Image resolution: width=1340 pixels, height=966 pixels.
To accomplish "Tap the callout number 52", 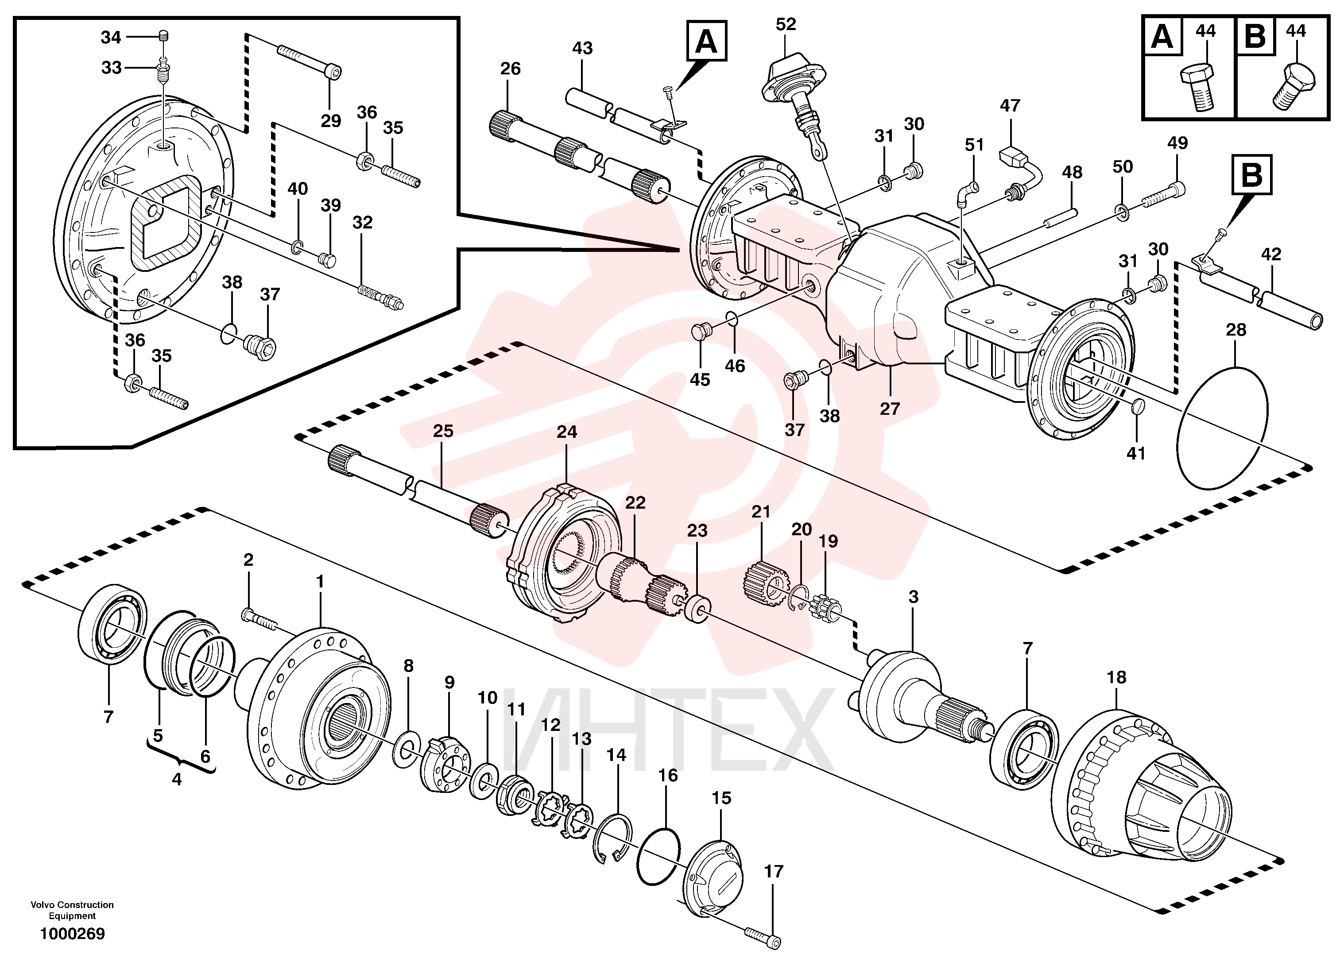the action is pos(786,24).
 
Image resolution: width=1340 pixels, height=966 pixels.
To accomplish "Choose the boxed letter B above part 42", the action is pos(1251,175).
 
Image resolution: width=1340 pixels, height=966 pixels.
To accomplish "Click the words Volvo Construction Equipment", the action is pos(72,910).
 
